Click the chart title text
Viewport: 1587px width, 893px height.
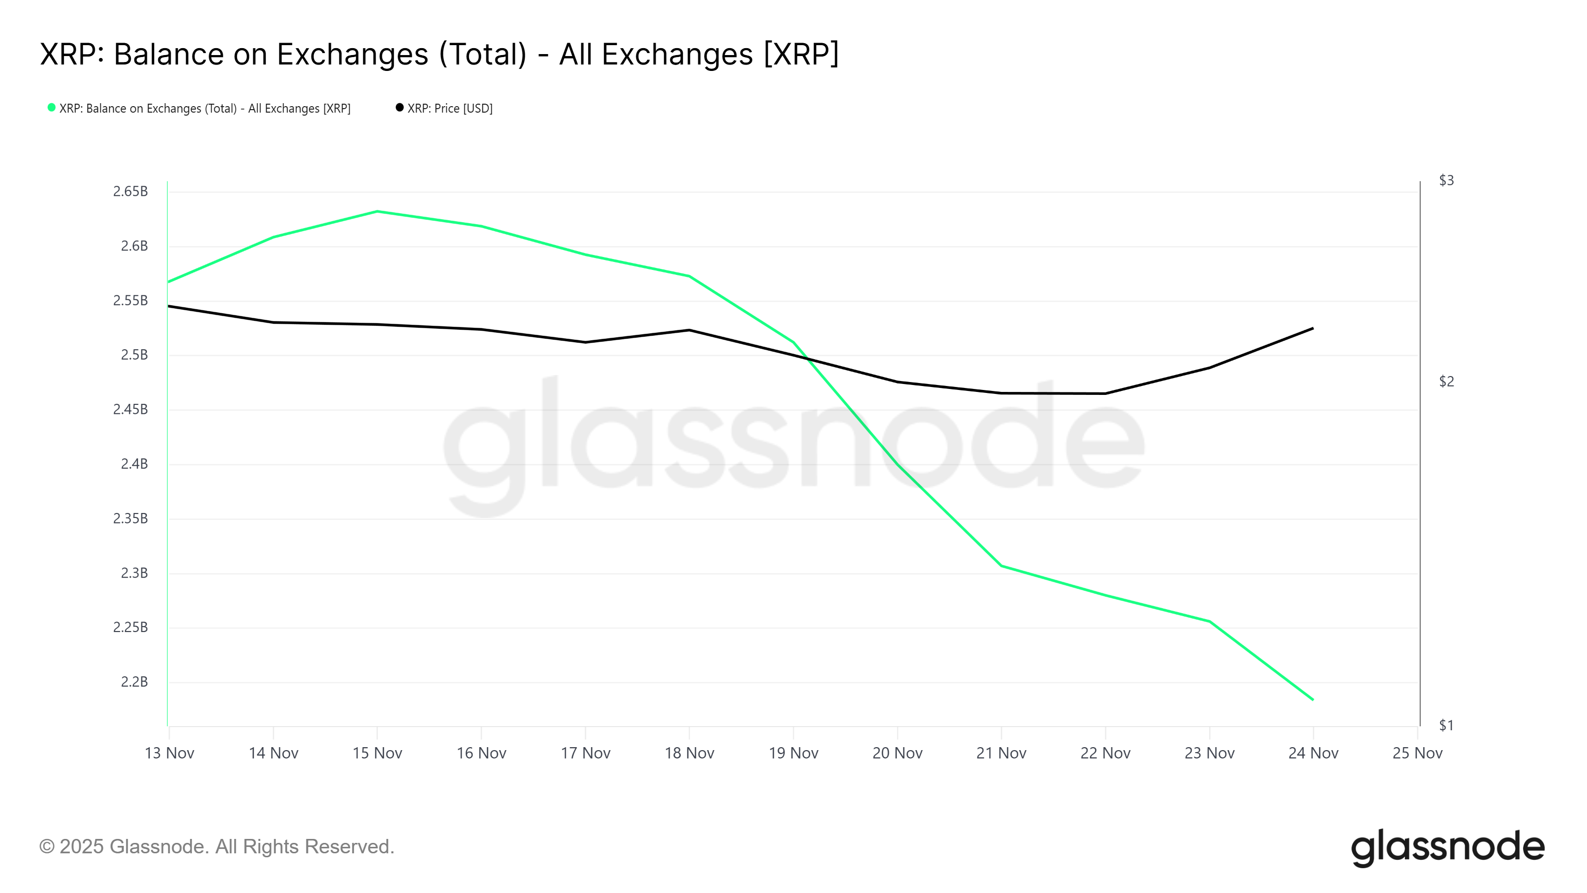(438, 54)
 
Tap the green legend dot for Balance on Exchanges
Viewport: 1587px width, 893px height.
(52, 108)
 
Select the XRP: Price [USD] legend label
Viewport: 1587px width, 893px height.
(450, 109)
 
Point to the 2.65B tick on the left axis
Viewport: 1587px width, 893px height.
(130, 191)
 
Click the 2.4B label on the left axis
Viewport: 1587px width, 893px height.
(134, 464)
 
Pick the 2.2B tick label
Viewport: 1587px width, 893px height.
(134, 682)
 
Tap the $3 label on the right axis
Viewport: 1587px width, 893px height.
(1446, 181)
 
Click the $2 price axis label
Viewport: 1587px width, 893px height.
(1446, 382)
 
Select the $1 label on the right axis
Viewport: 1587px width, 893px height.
(1446, 725)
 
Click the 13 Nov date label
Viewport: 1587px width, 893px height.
(170, 753)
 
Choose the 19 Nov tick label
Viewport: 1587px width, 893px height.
(793, 753)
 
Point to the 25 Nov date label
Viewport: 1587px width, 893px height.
(1417, 753)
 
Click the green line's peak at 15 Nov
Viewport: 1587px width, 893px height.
(377, 211)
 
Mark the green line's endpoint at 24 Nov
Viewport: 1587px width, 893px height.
(1313, 700)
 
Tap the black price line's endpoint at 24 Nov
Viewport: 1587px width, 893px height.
(1313, 328)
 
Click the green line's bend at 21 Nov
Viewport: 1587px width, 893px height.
(1001, 566)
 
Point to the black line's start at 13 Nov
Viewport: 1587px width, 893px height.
(170, 306)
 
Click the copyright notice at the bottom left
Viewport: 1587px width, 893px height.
(216, 847)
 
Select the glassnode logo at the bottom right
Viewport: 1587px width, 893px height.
(1447, 848)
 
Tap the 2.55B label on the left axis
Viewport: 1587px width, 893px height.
(130, 301)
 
